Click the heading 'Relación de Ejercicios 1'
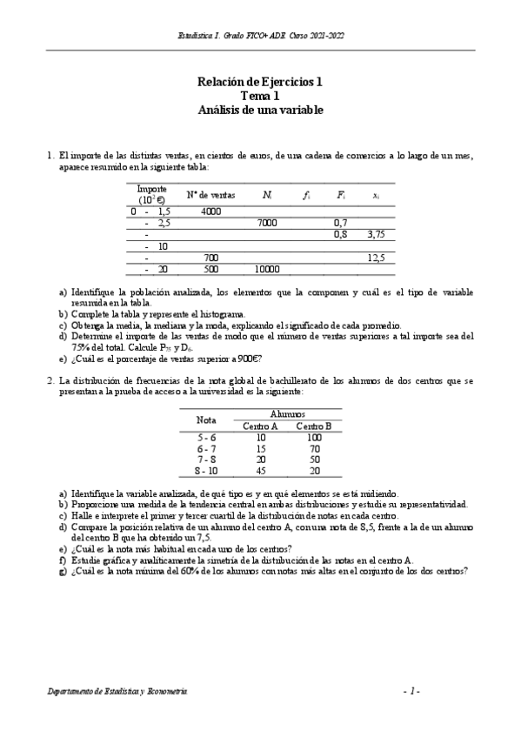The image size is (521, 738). (260, 83)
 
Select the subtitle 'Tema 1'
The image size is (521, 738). (260, 97)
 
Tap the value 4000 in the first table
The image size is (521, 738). (210, 211)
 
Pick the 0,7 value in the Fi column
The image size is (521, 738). (341, 224)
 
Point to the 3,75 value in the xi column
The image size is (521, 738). (375, 235)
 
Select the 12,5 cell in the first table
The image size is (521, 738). (376, 258)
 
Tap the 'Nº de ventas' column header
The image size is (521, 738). (210, 195)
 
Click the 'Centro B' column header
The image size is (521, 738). (313, 426)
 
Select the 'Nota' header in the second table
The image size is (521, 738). (206, 419)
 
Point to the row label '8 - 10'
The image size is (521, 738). (207, 471)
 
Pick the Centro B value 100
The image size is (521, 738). (314, 437)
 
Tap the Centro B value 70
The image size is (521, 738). (314, 448)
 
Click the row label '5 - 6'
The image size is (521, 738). (207, 437)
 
